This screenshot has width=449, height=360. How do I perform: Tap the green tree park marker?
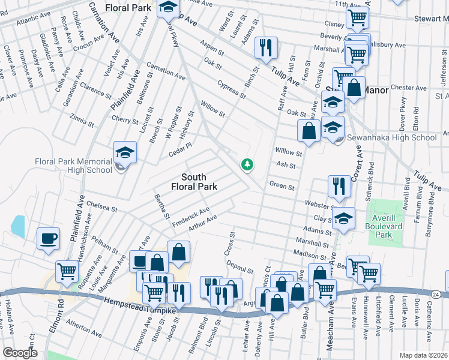(246, 164)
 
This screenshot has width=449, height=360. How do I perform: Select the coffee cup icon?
(48, 239)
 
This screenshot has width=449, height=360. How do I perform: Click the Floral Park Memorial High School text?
(74, 166)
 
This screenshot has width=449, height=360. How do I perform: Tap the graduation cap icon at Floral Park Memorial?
(125, 152)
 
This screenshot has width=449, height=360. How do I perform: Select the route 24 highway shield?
(436, 294)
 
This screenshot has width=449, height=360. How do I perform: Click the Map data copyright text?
(423, 355)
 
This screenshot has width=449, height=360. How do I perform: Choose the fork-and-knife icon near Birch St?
(266, 47)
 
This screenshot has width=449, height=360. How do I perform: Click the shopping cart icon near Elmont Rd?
(67, 271)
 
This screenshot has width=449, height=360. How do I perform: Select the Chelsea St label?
(101, 207)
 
